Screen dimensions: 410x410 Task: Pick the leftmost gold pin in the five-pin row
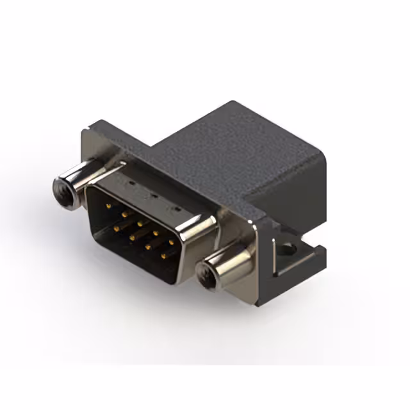tap(108, 206)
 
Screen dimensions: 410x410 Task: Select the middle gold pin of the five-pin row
tap(140, 224)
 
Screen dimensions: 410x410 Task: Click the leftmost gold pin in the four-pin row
tap(117, 227)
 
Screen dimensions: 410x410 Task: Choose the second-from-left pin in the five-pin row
tap(124, 215)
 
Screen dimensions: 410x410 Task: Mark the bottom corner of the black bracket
tap(259, 304)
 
